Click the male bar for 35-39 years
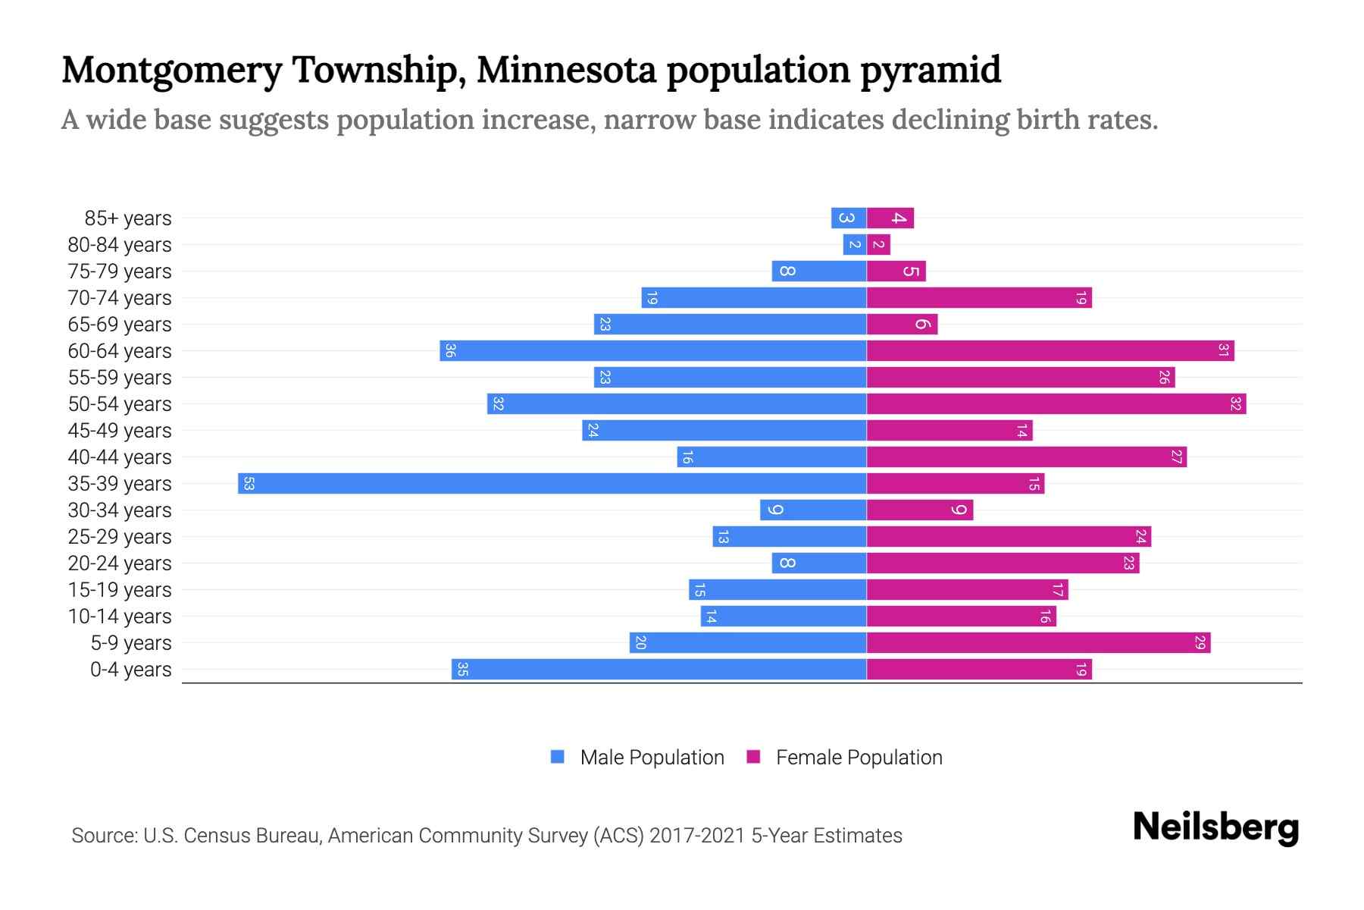(x=552, y=484)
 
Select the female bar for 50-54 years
(x=1056, y=404)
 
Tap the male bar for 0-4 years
(x=659, y=670)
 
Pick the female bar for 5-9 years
(x=1038, y=643)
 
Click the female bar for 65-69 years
(x=902, y=325)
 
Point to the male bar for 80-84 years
(x=855, y=245)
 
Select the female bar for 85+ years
(x=890, y=218)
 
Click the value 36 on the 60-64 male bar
(x=450, y=351)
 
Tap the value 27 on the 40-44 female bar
(x=1176, y=457)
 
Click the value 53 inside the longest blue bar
(x=249, y=484)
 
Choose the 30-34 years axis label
(x=120, y=510)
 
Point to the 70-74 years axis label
(x=120, y=298)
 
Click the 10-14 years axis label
(x=120, y=617)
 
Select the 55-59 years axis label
(x=120, y=378)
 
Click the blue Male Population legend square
(x=558, y=757)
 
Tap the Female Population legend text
(x=859, y=758)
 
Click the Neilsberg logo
(x=1215, y=827)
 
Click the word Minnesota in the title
(x=566, y=70)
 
